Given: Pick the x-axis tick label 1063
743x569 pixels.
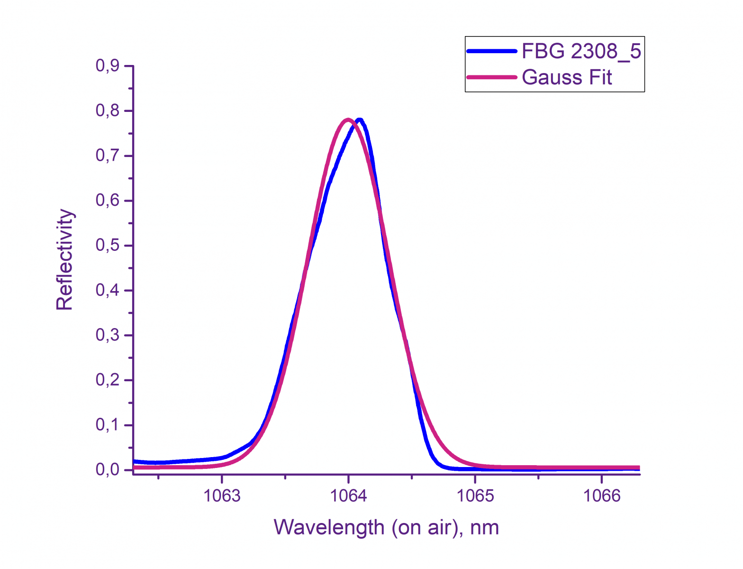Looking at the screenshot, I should point(222,496).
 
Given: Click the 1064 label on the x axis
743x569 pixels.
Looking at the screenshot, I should point(348,496).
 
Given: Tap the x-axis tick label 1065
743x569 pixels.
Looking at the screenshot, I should point(475,496).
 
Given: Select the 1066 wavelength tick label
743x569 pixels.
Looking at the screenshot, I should point(601,496).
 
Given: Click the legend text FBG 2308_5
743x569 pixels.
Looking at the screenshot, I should point(581,51).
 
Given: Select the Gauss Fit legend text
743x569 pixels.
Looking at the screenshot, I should point(567,77).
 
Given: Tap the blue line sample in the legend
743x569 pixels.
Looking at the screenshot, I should point(491,51).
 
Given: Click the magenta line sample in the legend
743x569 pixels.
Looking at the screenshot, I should point(491,77).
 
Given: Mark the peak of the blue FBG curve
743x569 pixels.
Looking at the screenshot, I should point(360,120).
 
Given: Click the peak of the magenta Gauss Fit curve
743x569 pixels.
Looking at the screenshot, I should point(348,119).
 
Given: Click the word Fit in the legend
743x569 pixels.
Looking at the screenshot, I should point(600,77).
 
